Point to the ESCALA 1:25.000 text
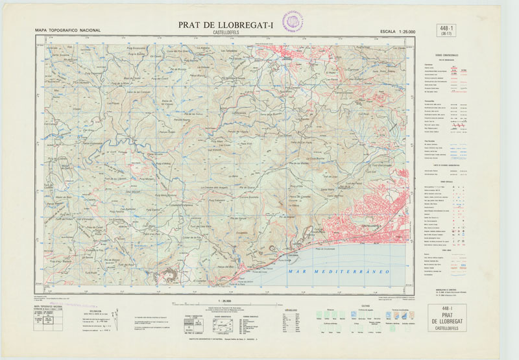(397, 30)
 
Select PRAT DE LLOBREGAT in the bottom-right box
(447, 322)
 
